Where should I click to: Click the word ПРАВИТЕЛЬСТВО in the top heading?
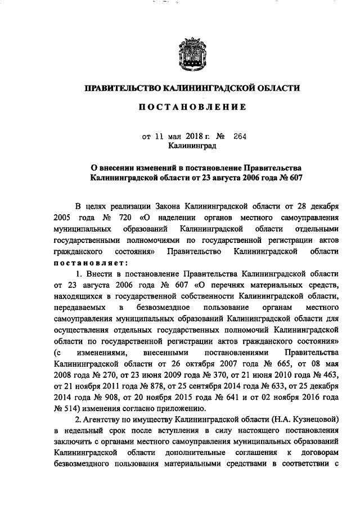121,88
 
